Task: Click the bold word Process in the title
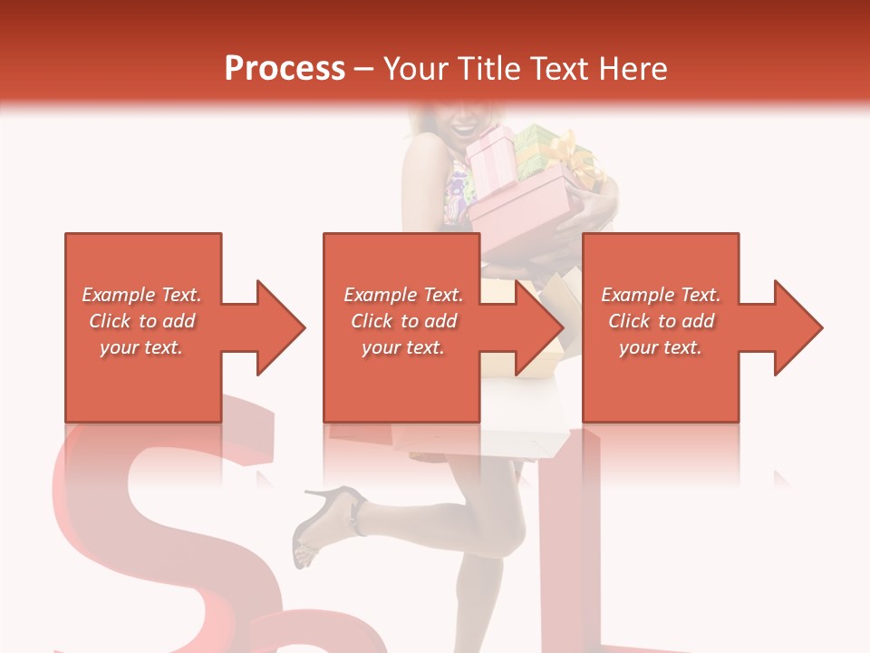[285, 69]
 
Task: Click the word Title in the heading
[489, 69]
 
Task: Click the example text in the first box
[141, 321]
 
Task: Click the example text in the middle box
[402, 321]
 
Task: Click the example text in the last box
[661, 321]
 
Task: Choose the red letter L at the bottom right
[616, 544]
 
